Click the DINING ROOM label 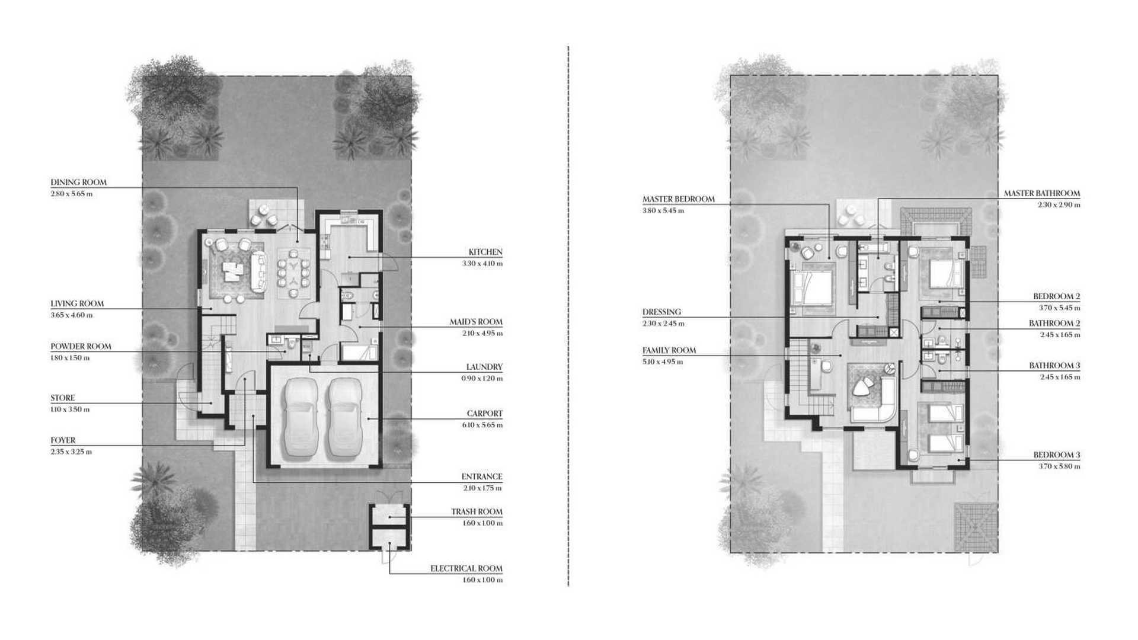click(78, 183)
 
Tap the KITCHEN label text click(485, 252)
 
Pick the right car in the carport click(344, 418)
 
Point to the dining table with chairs click(294, 273)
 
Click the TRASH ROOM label click(477, 512)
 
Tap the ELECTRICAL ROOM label click(466, 569)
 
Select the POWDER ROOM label click(81, 347)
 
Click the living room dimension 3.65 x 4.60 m click(71, 315)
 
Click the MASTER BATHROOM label click(1042, 194)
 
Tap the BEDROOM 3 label click(1057, 456)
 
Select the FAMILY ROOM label click(669, 351)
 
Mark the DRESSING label click(662, 312)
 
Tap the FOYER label click(63, 441)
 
